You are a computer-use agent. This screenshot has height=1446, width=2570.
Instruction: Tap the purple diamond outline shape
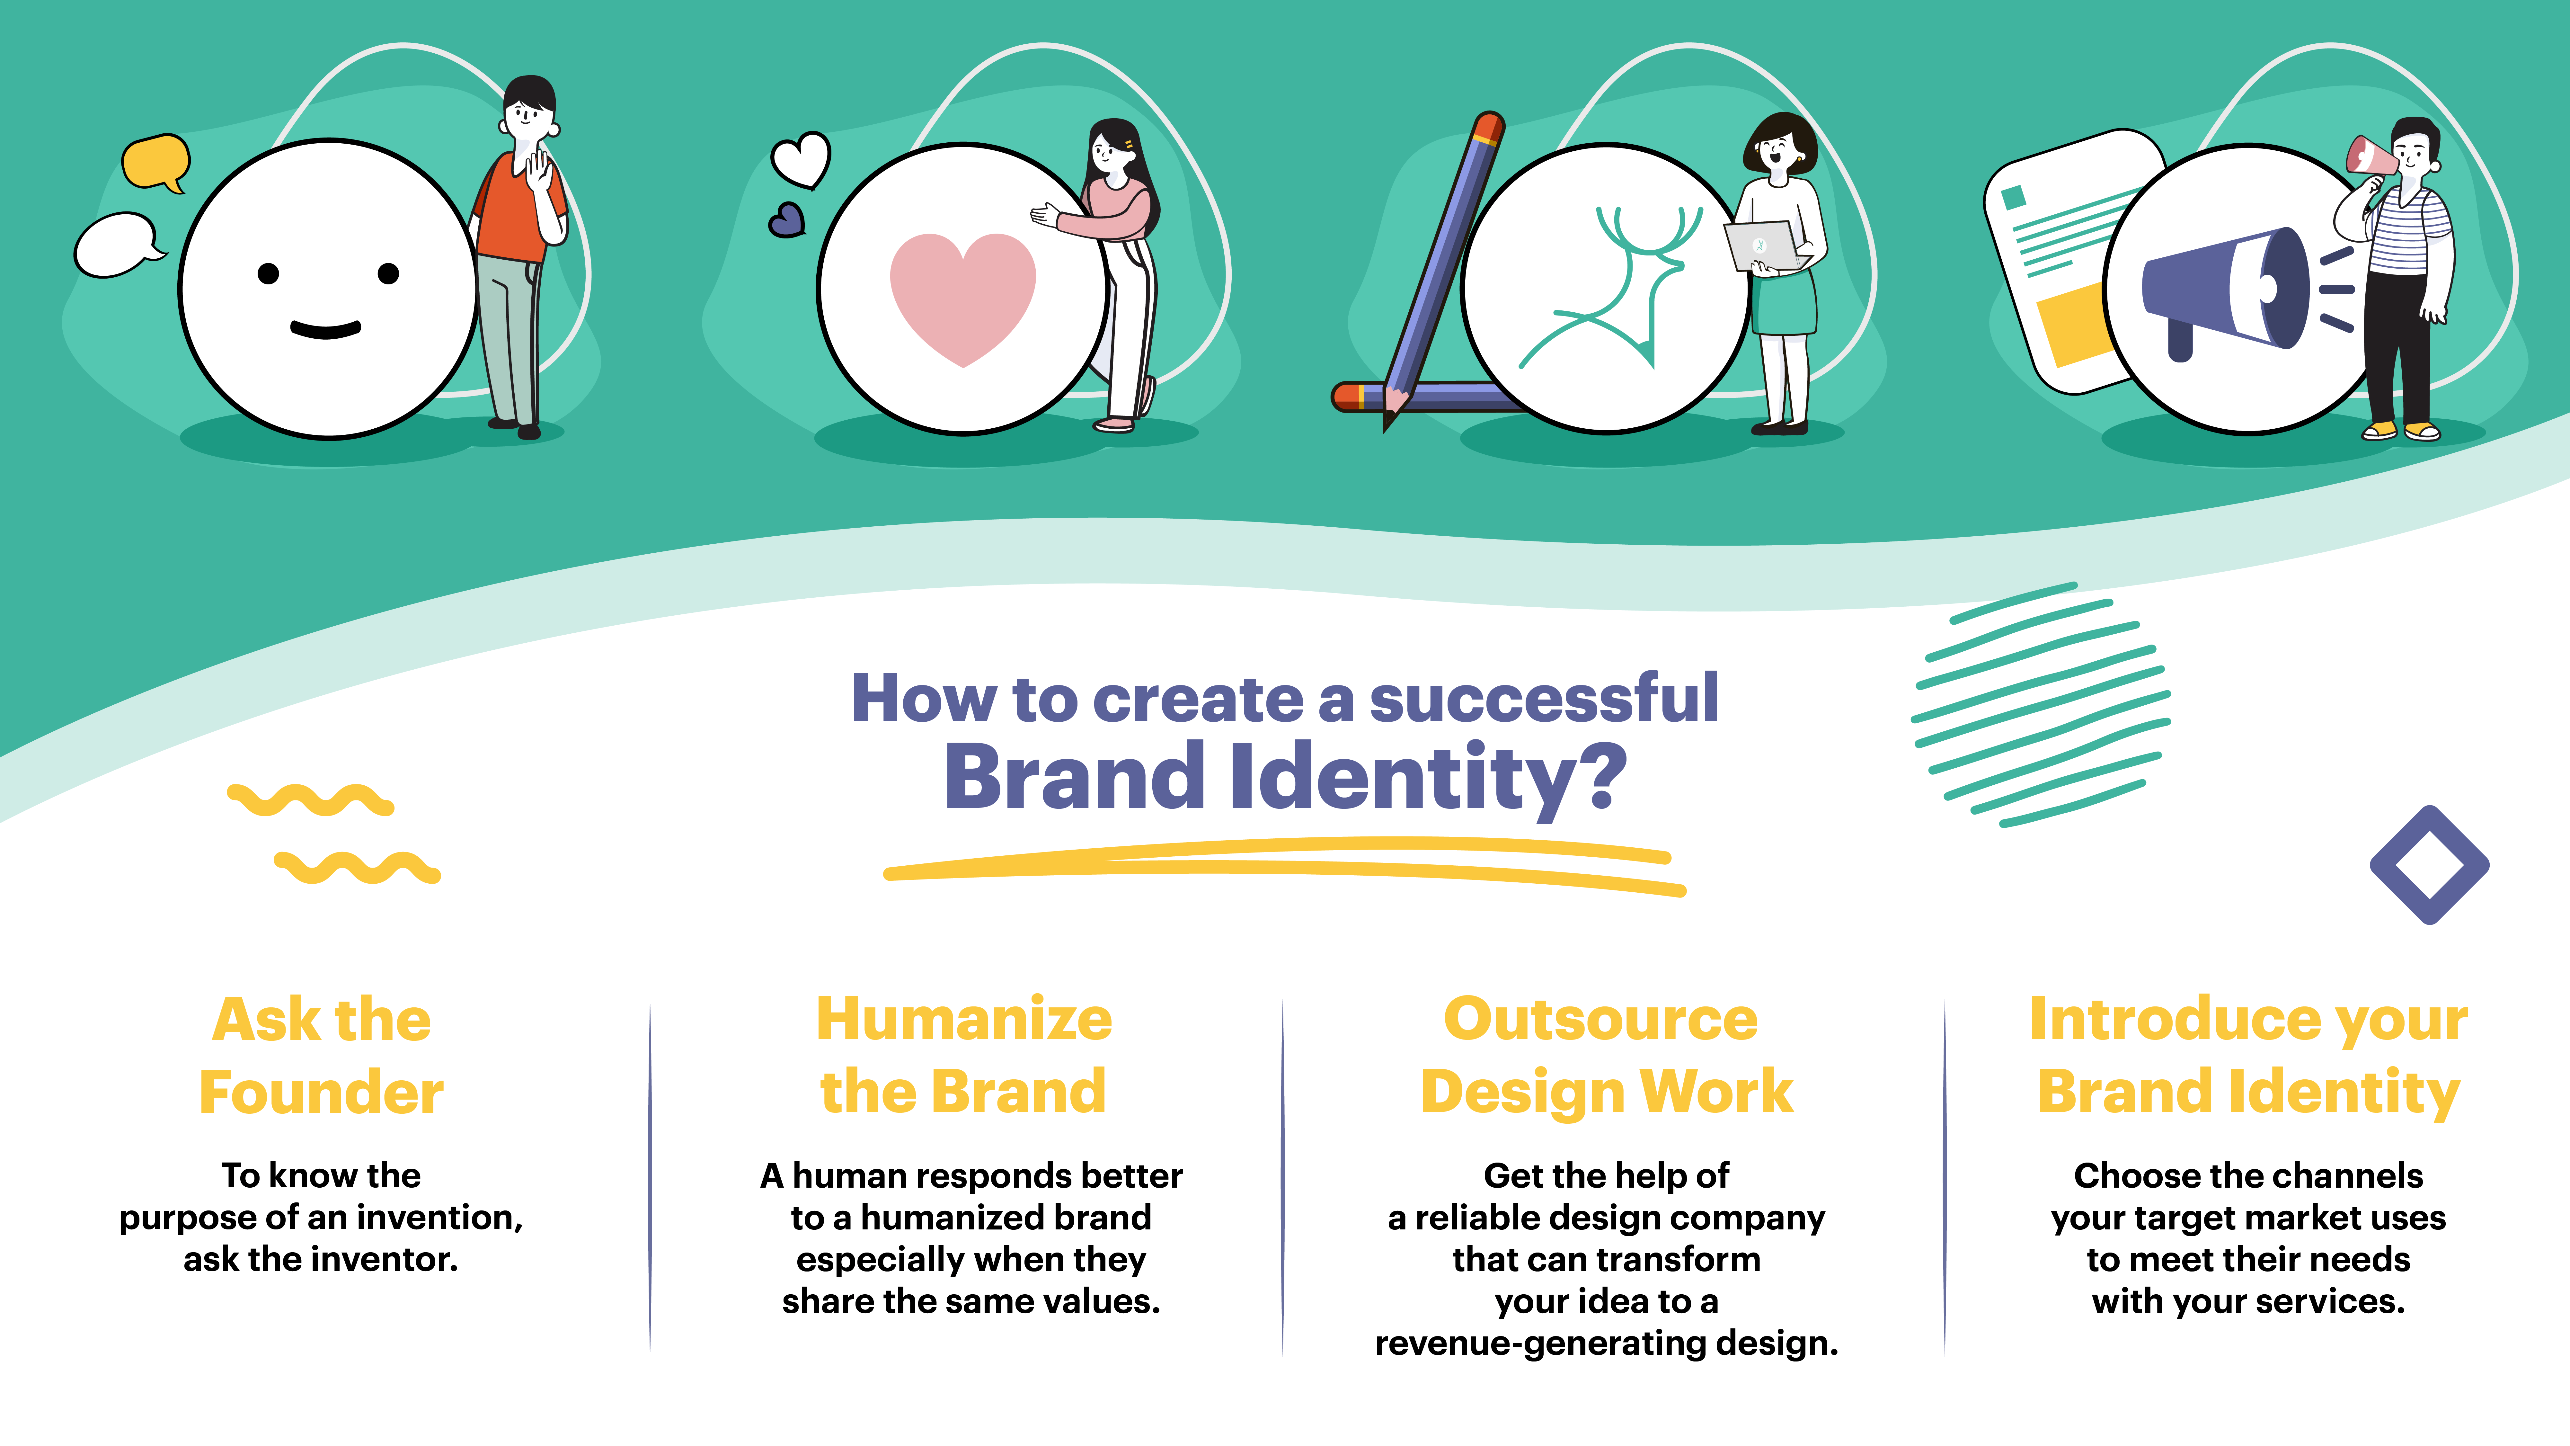click(x=2428, y=864)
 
